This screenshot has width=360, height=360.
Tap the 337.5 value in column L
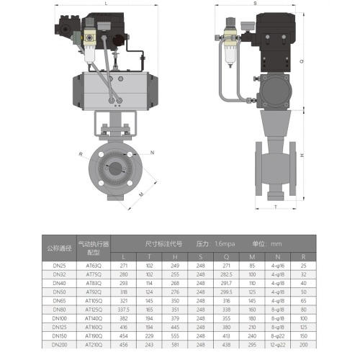pos(123,308)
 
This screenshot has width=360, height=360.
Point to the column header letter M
pos(251,256)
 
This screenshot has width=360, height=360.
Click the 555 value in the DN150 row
pos(174,336)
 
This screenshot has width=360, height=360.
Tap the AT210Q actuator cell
pos(94,346)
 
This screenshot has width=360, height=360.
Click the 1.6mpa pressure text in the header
pos(224,243)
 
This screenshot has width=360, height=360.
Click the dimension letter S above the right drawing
pos(255,4)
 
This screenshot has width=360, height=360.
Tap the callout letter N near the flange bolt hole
pos(153,153)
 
